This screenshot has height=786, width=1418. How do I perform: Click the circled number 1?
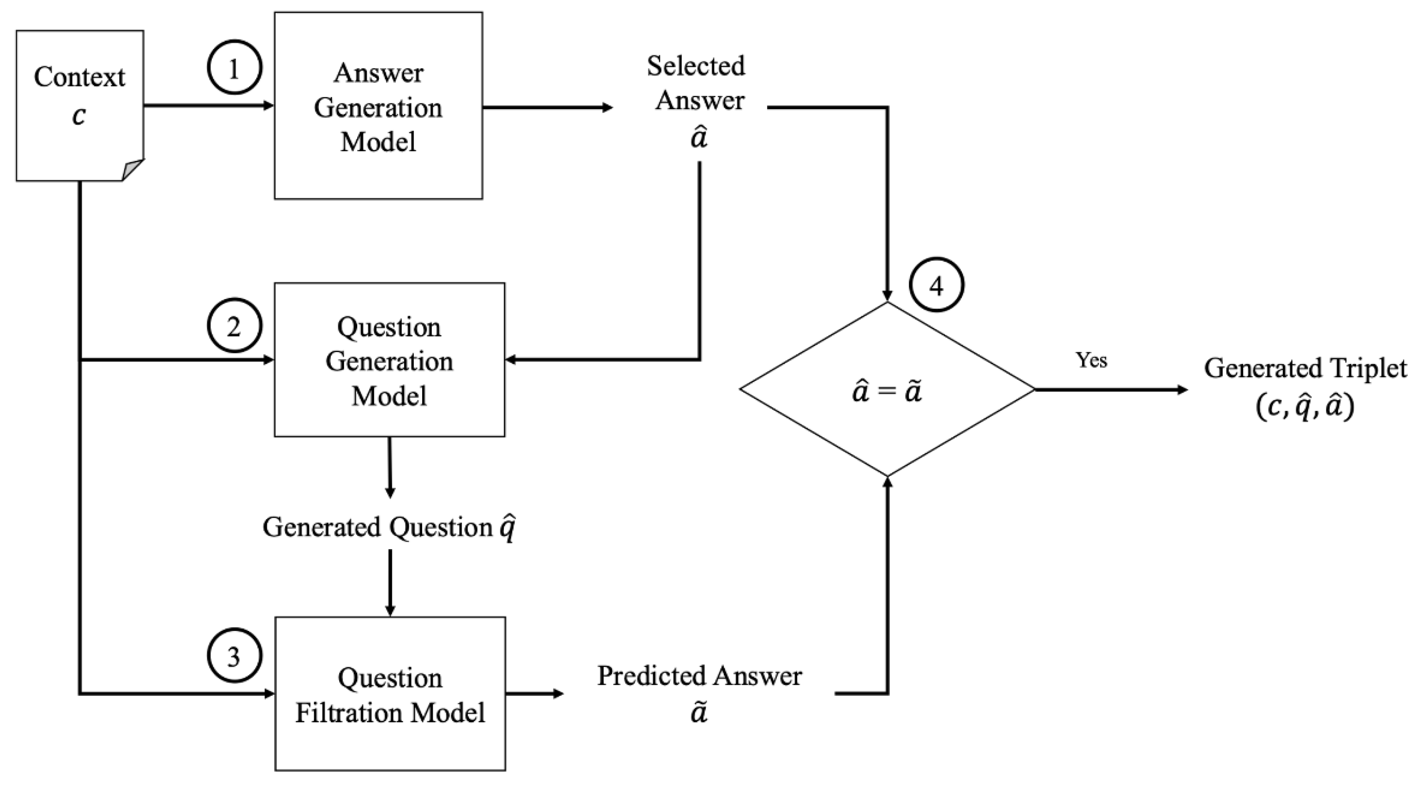click(234, 67)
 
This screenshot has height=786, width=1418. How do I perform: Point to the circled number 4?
click(936, 285)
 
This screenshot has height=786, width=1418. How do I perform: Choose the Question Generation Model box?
click(389, 360)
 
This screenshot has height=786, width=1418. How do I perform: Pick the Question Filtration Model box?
click(390, 694)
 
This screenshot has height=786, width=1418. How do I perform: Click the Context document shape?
click(80, 105)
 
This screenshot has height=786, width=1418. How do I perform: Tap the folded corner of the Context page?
click(132, 170)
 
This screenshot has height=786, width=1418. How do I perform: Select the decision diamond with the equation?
click(887, 389)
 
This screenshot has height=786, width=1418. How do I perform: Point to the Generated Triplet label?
click(1305, 368)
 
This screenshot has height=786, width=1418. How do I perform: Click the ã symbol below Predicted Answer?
click(699, 712)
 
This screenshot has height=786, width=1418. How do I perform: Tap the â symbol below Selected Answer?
click(699, 138)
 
